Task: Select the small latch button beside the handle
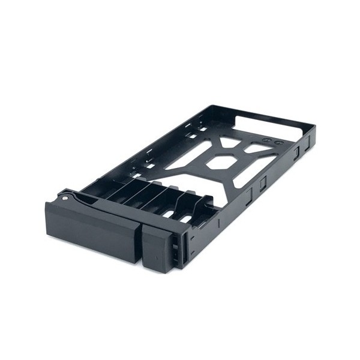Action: pos(157,247)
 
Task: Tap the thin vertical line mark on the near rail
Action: pos(220,223)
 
